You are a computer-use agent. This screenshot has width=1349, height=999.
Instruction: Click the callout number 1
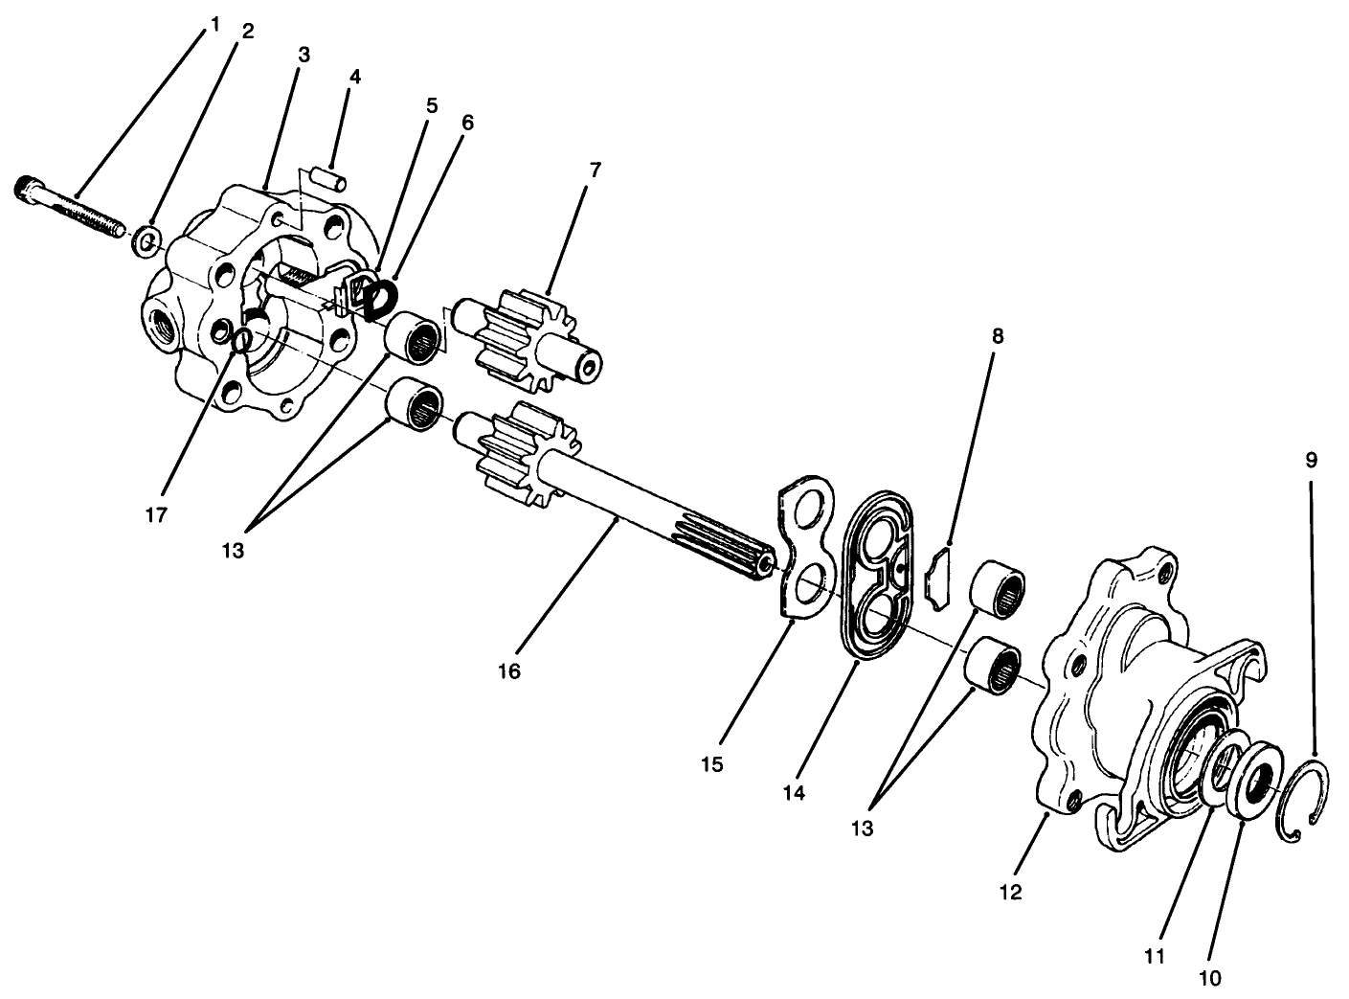[x=214, y=22]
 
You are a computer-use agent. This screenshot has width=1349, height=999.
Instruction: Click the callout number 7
[x=595, y=170]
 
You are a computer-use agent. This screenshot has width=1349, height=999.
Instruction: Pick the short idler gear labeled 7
[x=531, y=342]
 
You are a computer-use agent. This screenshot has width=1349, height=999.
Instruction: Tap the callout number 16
[x=508, y=671]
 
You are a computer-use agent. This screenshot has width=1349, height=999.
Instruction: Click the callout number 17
[x=156, y=514]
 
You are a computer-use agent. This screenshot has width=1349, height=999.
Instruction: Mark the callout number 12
[x=1010, y=893]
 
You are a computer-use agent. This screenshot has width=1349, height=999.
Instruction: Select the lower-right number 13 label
[x=863, y=829]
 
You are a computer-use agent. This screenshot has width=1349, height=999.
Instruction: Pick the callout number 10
[x=1209, y=978]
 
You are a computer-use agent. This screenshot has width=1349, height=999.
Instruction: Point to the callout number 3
[x=303, y=55]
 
